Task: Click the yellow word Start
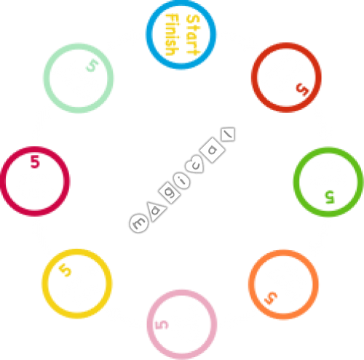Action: click(x=193, y=35)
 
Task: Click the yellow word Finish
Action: click(x=173, y=35)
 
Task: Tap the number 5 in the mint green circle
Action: click(x=92, y=65)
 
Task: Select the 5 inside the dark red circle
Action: click(x=303, y=89)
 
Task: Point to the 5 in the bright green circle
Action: click(x=330, y=197)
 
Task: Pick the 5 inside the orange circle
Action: click(x=271, y=298)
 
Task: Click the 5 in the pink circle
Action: click(x=162, y=325)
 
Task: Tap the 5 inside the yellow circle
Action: click(x=66, y=270)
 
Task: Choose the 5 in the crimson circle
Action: click(x=35, y=161)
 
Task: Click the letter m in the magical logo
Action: click(x=139, y=223)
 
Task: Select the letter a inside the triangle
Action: click(x=155, y=210)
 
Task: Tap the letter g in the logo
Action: click(x=170, y=193)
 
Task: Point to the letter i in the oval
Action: click(x=183, y=180)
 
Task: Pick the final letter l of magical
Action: click(x=228, y=134)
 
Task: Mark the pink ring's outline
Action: click(x=148, y=324)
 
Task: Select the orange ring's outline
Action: click(x=249, y=284)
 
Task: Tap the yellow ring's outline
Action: click(x=43, y=284)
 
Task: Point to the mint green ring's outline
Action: click(x=44, y=79)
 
